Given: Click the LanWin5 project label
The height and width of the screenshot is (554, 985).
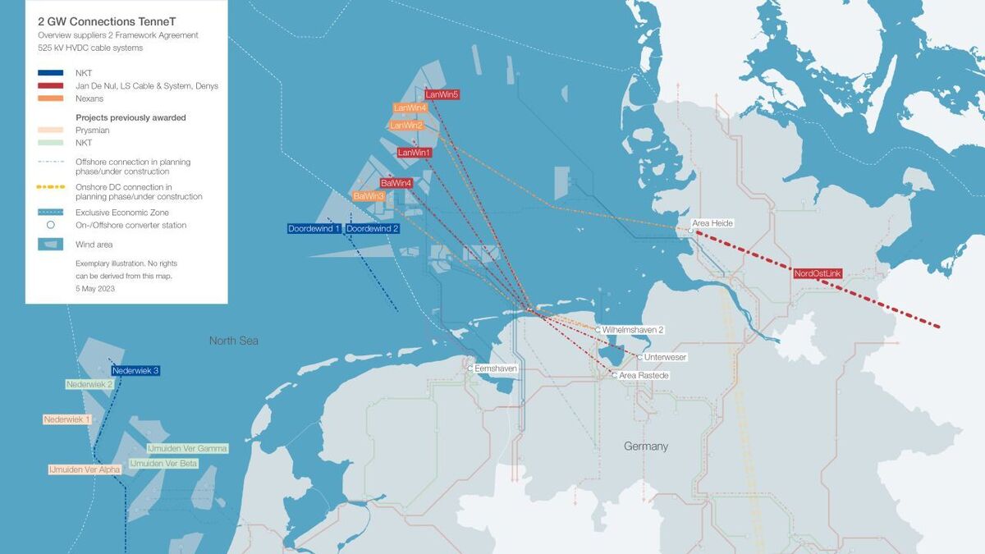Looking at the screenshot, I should (442, 94).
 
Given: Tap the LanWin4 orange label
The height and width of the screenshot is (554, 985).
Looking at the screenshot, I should (410, 108).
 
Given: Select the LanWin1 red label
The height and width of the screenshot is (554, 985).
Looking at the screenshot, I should (415, 153).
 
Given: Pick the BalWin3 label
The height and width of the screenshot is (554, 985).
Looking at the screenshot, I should (369, 196).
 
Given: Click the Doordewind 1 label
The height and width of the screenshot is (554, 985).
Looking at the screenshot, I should (314, 228).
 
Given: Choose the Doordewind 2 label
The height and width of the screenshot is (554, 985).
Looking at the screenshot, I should (373, 228).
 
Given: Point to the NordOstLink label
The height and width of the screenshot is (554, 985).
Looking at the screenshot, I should (818, 273).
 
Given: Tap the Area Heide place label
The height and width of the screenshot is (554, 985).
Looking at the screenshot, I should (712, 223).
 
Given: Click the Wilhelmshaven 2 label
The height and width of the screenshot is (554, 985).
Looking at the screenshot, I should (632, 329).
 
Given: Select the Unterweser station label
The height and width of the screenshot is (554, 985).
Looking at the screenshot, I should (665, 357).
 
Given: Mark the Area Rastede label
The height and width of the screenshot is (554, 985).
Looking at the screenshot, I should (644, 375).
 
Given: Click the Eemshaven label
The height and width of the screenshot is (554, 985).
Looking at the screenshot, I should (496, 369).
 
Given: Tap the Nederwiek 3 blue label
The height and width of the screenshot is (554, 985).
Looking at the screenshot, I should (135, 371).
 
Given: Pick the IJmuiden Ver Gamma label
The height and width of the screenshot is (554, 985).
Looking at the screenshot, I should (187, 449).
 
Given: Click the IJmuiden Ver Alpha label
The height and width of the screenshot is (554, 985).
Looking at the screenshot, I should (85, 469).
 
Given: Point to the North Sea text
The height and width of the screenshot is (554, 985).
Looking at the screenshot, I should (233, 341).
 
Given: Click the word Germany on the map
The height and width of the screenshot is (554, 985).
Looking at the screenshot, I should (646, 446).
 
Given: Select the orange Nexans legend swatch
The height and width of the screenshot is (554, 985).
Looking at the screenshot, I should (50, 98).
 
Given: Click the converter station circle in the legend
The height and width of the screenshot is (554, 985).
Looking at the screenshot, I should (50, 225).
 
